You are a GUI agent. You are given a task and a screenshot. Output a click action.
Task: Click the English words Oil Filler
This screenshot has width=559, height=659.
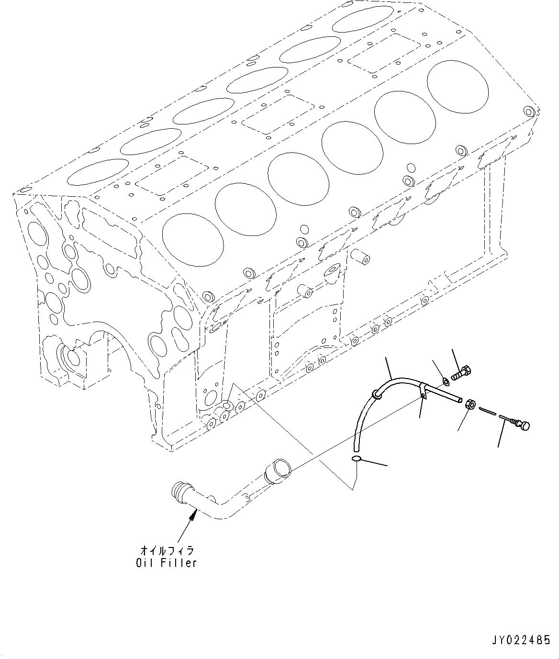pos(166,563)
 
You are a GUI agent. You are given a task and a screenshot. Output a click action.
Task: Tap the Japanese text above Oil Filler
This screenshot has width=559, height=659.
pos(166,551)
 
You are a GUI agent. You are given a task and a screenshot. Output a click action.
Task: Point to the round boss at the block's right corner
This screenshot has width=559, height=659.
pos(529,112)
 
